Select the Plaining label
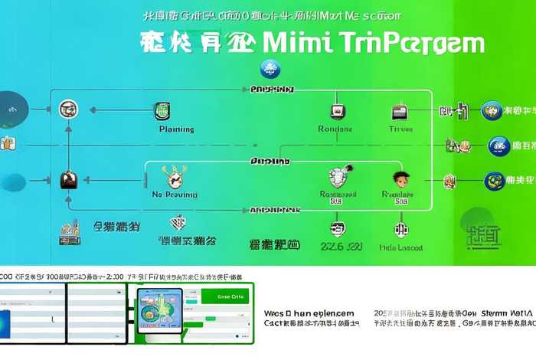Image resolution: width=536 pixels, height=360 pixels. click(x=176, y=129)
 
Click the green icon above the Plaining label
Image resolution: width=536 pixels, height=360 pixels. click(x=162, y=110)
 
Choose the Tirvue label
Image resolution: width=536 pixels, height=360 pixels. click(x=400, y=129)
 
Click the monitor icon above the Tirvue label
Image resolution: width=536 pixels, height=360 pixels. click(x=399, y=112)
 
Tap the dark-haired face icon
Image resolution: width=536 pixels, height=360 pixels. click(x=399, y=178)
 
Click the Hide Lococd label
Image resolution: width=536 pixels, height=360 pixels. click(x=401, y=247)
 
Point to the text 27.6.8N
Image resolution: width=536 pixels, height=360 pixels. click(x=342, y=247)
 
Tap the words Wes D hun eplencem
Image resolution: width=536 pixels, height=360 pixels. click(x=309, y=313)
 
